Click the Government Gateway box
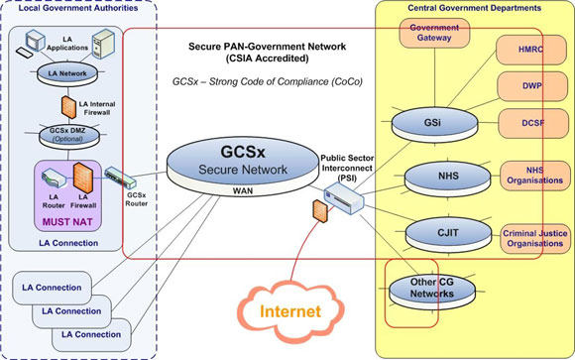tap(432, 35)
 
